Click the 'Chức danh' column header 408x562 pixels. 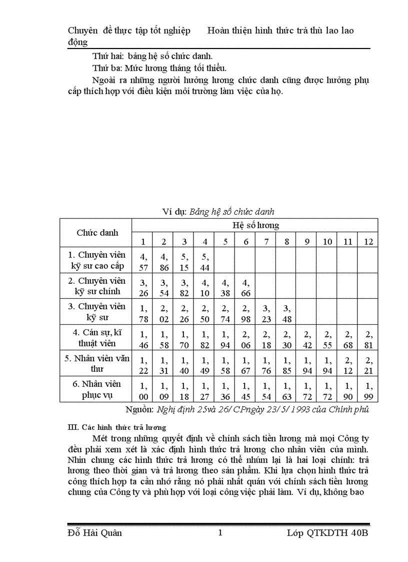97,233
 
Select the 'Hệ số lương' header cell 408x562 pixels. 255,225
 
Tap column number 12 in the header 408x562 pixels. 368,242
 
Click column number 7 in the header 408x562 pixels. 266,242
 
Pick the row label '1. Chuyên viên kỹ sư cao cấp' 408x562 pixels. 97,260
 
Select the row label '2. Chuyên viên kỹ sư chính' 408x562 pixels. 97,286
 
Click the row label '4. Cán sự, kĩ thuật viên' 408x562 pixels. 97,338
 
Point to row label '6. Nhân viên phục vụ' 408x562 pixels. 97,389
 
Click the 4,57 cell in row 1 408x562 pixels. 143,261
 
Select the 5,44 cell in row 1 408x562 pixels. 205,261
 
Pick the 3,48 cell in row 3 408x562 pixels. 287,312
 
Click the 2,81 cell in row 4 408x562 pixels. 369,338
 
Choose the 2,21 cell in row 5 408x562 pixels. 369,364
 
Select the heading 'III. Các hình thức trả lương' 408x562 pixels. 117,427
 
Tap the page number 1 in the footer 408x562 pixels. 220,532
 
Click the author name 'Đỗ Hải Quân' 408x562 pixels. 94,532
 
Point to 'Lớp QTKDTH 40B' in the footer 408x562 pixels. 327,532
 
